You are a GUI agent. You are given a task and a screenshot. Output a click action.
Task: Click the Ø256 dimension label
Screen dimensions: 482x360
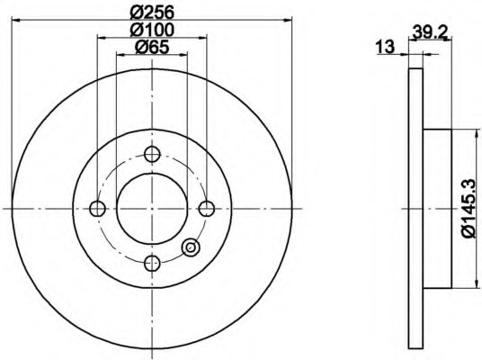tap(152, 13)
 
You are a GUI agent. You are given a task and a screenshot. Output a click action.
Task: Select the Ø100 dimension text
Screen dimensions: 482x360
tap(152, 30)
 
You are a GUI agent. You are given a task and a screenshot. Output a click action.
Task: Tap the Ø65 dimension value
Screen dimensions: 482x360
tap(152, 48)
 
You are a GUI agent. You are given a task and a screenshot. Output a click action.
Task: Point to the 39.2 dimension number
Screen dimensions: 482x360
tap(429, 31)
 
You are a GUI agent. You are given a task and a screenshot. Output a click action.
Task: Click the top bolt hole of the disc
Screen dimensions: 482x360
tap(152, 154)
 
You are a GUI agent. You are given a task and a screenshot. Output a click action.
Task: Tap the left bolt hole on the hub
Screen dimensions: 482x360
tap(97, 209)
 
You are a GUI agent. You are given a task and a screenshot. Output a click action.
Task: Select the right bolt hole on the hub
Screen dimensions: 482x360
tap(207, 209)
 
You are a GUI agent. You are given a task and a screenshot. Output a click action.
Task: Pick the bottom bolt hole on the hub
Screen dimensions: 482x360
tap(152, 264)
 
